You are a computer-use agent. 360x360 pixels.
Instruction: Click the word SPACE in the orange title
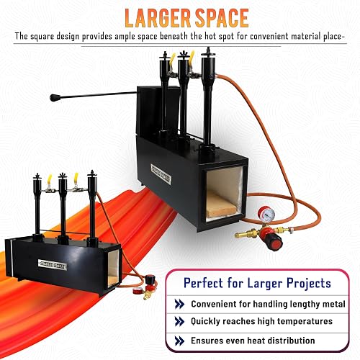point(222,18)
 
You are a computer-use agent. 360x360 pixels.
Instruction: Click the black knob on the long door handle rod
point(55,98)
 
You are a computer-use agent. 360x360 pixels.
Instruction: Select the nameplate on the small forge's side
point(53,264)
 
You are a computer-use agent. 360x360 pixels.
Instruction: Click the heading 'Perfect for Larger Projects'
point(257,283)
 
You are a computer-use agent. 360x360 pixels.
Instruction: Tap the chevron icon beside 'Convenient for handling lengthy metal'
point(179,304)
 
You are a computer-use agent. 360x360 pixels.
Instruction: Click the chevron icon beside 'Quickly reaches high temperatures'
point(179,321)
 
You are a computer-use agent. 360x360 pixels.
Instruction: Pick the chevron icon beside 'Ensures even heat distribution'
point(179,341)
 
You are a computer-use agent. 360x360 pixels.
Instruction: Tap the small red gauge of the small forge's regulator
point(137,291)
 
